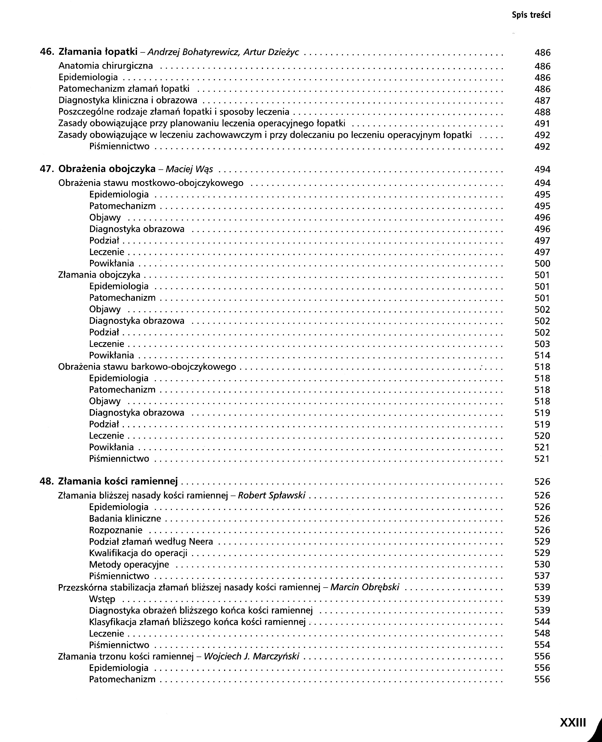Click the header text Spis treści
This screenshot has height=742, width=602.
coord(531,15)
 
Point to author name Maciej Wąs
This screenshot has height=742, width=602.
coord(189,169)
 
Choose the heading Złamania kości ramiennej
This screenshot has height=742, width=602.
coord(118,481)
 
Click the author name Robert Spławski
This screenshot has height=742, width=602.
coord(272,495)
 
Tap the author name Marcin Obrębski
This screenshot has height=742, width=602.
coord(365,587)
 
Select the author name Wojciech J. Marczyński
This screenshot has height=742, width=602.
coord(251,656)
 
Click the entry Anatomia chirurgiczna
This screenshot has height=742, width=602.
coord(105,66)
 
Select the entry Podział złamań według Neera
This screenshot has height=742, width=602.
coord(151,541)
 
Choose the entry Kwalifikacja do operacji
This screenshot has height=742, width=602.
coord(138,553)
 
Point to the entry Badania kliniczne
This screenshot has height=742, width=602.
coord(125,519)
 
